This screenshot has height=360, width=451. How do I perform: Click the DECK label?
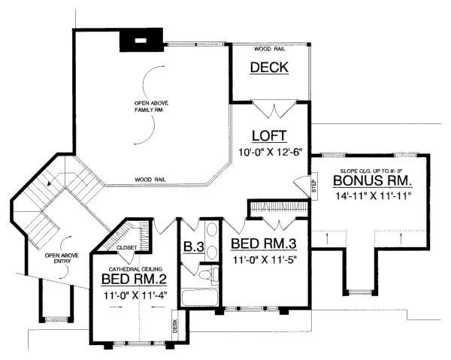[x=269, y=68]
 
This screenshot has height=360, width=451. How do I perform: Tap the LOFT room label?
[x=269, y=137]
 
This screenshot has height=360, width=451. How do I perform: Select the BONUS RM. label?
[x=371, y=181]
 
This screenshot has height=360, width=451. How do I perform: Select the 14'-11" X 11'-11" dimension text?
[x=371, y=195]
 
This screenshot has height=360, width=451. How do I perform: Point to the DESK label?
[x=174, y=325]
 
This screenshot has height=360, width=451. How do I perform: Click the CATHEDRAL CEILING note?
[x=132, y=268]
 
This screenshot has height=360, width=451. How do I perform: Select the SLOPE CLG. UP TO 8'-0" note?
[x=371, y=171]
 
